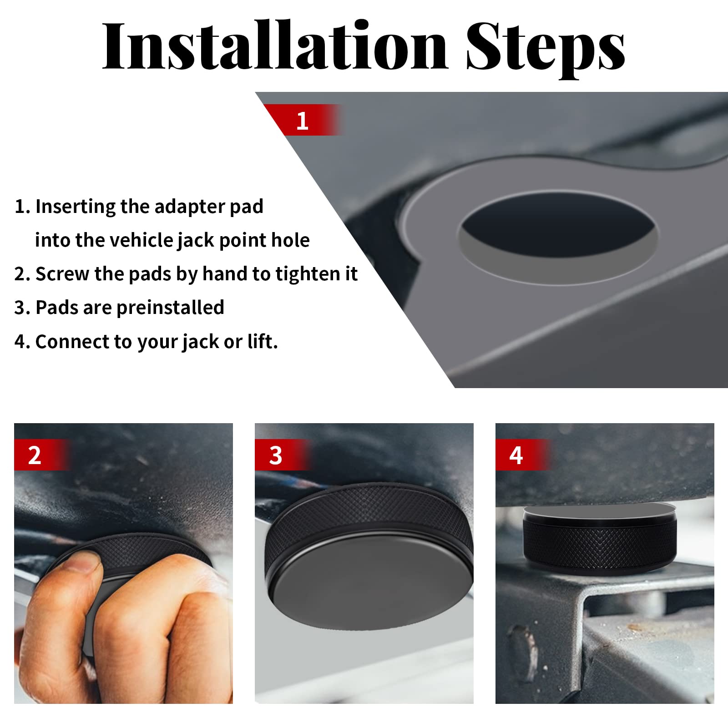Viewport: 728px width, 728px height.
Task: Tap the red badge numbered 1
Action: [303, 121]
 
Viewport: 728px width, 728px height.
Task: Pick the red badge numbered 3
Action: [276, 455]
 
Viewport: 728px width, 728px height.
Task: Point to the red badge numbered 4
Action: [516, 455]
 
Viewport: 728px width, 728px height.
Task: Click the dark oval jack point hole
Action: [557, 225]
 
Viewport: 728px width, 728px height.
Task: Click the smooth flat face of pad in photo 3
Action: [369, 591]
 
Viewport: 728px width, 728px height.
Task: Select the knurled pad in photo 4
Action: [600, 544]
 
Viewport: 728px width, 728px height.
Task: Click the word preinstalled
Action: [170, 308]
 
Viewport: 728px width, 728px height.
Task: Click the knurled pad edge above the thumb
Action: [136, 551]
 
